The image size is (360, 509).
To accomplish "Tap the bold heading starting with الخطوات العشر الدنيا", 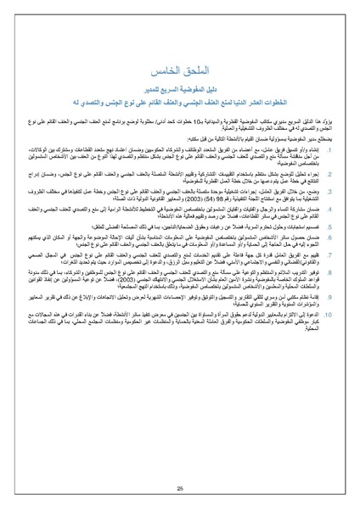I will tap(179, 99).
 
